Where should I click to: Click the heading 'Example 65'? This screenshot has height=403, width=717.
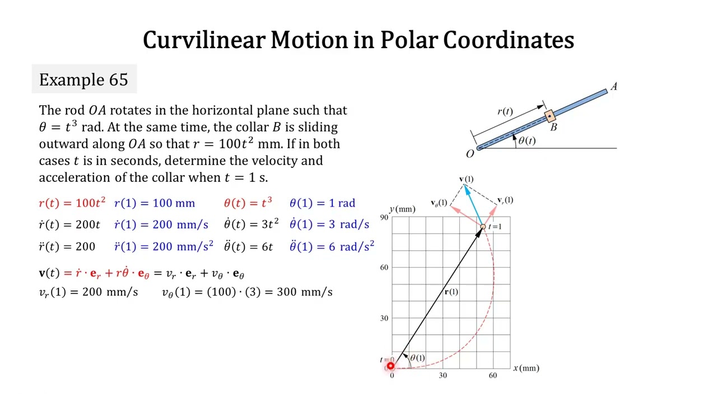83,79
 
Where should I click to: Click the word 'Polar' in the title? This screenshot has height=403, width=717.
408,40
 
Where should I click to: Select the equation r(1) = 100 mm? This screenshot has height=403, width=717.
155,203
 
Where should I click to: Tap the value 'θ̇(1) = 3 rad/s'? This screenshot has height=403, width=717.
329,224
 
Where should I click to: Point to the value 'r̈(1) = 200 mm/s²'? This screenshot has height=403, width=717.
164,246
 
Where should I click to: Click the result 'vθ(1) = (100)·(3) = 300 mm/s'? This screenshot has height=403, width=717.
247,292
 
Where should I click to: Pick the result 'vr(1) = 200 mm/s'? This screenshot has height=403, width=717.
89,292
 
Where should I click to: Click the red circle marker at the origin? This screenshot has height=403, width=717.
390,367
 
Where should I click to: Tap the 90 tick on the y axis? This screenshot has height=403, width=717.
384,217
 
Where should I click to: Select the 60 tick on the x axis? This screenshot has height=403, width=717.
492,376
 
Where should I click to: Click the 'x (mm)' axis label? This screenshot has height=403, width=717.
526,368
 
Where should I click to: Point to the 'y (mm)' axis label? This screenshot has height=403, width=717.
403,209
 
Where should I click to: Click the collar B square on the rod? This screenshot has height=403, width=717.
550,116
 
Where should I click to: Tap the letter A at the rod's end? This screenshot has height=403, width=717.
614,87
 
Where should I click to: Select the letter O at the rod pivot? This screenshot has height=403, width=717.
469,154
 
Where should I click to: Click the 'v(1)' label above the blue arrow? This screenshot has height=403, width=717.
466,179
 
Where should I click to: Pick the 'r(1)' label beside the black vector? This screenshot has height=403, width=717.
451,292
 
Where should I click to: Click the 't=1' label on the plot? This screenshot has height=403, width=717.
495,227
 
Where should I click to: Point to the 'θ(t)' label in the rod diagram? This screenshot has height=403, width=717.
527,140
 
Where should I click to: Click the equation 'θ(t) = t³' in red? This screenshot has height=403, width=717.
248,203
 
